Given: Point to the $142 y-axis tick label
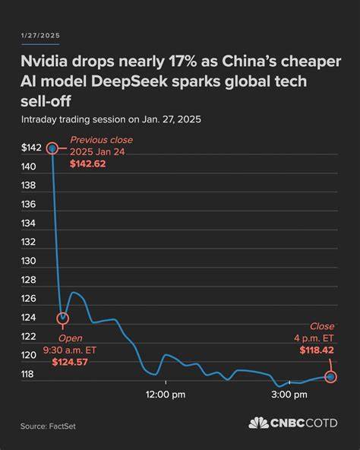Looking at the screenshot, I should tap(32, 148).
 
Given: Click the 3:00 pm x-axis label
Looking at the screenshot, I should tap(289, 395).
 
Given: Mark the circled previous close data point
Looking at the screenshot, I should tap(52, 148).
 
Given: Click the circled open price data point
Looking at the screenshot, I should tap(63, 318).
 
